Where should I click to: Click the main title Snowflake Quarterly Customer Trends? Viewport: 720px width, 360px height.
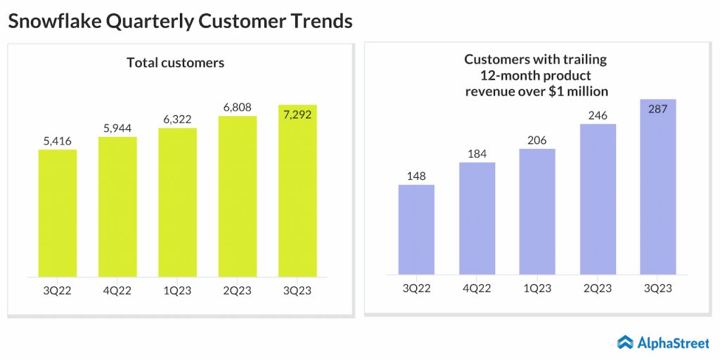click(x=180, y=21)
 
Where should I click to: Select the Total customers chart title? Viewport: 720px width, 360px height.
click(x=175, y=63)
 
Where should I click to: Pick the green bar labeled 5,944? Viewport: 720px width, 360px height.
click(x=117, y=207)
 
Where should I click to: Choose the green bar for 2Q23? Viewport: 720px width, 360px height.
click(x=238, y=196)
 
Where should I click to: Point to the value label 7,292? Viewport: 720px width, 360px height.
click(x=297, y=114)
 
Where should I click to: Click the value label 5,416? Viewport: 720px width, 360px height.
click(x=58, y=141)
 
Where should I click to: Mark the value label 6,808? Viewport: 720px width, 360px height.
click(x=238, y=108)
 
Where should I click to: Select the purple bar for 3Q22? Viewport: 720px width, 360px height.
click(x=416, y=229)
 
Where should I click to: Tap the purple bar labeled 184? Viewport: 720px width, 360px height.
click(x=477, y=218)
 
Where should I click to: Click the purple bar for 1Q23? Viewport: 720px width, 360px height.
click(x=536, y=211)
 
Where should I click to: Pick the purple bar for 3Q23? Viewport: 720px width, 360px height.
click(x=657, y=187)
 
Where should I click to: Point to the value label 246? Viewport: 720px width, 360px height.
click(x=598, y=115)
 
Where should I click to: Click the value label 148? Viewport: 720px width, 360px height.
click(x=416, y=176)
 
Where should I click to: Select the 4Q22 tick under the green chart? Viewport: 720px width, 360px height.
click(x=117, y=290)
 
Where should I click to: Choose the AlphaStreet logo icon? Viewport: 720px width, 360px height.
click(x=625, y=342)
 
